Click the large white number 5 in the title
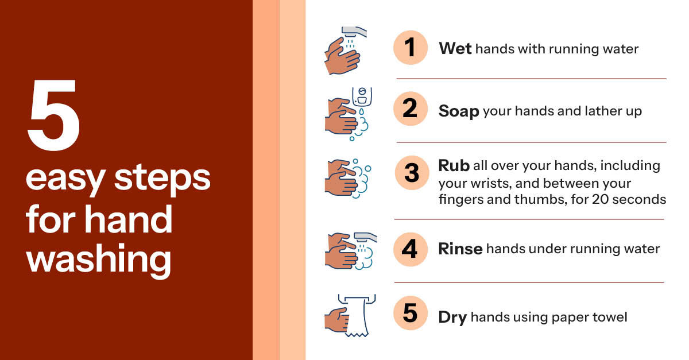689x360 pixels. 53,115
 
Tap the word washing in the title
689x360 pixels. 99,260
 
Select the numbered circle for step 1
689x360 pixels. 411,48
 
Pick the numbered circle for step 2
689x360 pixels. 411,109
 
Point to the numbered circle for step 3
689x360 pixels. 412,173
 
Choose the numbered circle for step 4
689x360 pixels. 411,249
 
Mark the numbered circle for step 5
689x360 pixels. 411,313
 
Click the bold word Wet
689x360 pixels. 455,49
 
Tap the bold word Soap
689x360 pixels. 459,111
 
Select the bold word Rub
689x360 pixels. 454,165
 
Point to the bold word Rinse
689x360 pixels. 460,249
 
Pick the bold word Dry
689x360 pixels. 452,318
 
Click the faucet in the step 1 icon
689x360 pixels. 354,32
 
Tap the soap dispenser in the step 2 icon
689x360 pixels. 362,96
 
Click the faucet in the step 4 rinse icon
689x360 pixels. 365,238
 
